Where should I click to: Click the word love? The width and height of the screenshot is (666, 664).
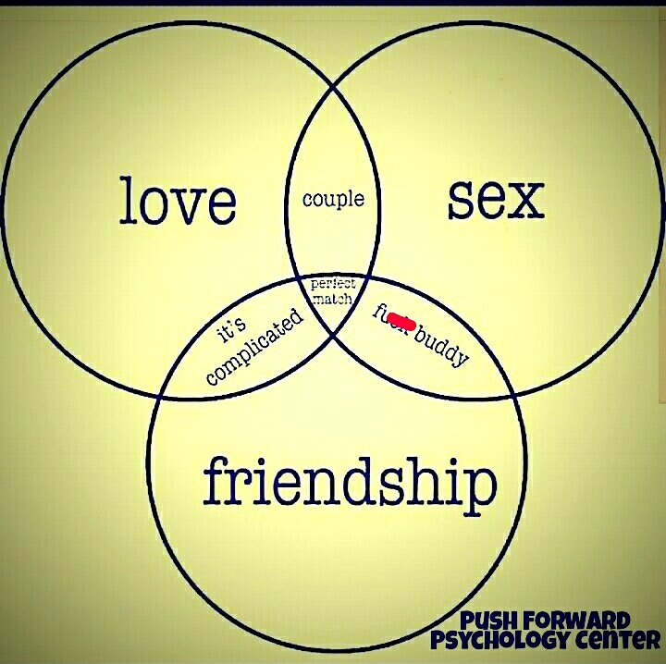point(178,203)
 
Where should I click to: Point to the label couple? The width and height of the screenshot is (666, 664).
point(333,199)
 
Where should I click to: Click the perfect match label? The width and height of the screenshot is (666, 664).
point(333,291)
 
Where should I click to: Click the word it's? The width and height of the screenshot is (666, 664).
point(231,328)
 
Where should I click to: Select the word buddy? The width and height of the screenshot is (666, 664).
point(442,346)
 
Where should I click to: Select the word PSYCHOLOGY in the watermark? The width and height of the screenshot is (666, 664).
point(503,640)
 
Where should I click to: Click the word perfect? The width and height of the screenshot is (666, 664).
point(333,284)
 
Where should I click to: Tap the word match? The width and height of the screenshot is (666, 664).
point(333,299)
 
